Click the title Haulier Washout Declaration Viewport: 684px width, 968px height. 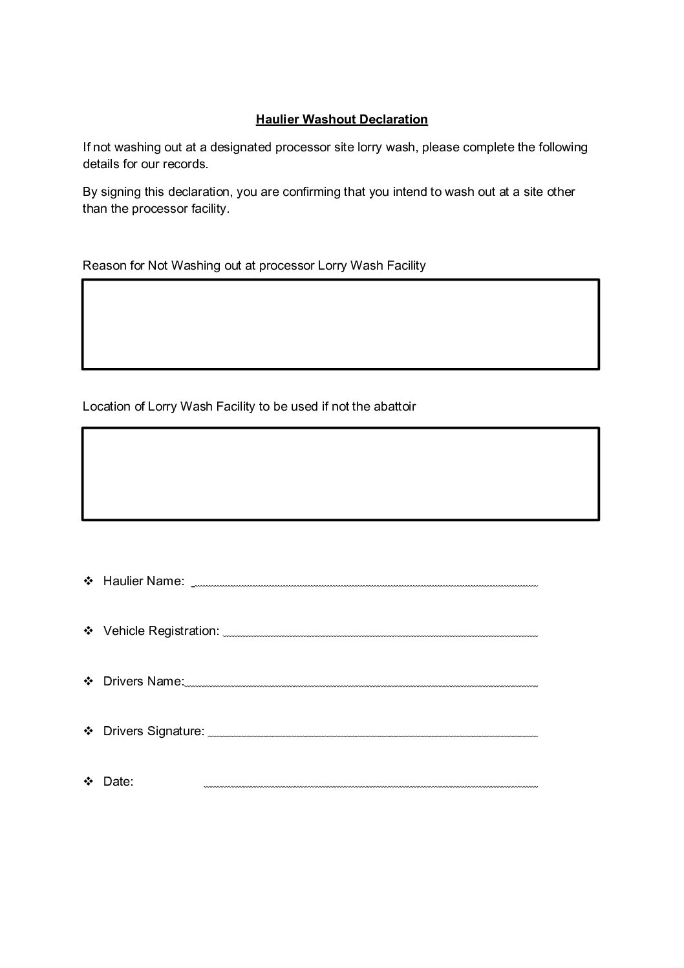[x=341, y=120]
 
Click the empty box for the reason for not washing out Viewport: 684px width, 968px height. [x=341, y=324]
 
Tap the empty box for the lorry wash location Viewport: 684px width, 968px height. [x=341, y=473]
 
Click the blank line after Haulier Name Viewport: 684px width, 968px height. [x=365, y=585]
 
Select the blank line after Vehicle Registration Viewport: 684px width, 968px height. [x=380, y=635]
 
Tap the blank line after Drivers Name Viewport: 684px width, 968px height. [x=361, y=685]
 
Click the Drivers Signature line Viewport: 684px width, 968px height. [x=372, y=735]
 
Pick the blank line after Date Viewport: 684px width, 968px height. [x=370, y=786]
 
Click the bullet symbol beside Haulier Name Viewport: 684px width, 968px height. [x=89, y=581]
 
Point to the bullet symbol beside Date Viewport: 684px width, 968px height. [x=89, y=782]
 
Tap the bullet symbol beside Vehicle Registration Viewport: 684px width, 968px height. [x=89, y=631]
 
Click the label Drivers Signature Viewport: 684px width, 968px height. [x=154, y=731]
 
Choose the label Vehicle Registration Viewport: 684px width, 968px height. [x=161, y=631]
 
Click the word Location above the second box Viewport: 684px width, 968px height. [x=106, y=407]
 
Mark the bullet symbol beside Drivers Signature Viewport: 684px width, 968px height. [x=89, y=731]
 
